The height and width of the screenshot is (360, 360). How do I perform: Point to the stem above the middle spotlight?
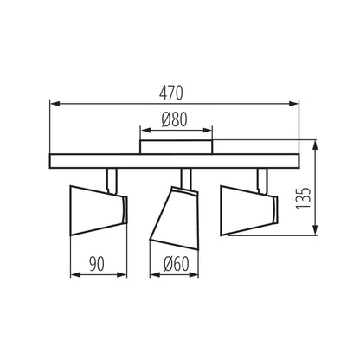click(184, 177)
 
